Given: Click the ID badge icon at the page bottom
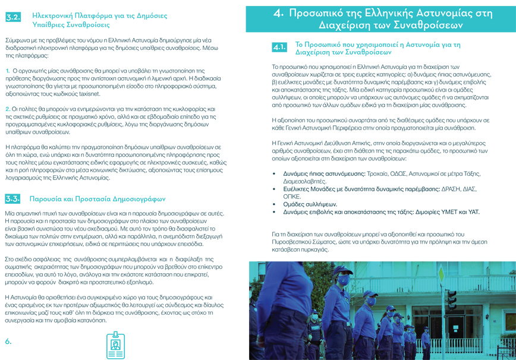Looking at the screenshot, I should coord(115,345).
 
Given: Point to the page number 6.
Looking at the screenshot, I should coord(8,342).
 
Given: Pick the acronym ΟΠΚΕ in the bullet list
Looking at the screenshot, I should coord(291,195).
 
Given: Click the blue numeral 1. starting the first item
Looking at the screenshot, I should coord(7,71).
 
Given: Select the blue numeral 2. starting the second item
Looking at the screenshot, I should coord(7,109).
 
